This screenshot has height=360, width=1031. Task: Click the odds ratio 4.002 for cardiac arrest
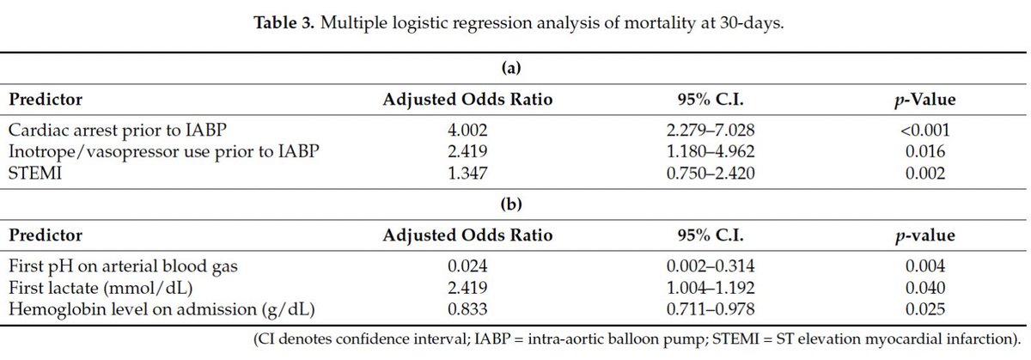pyautogui.click(x=467, y=131)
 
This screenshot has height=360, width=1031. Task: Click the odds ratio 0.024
pyautogui.click(x=467, y=265)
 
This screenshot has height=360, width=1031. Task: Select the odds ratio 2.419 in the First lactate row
pyautogui.click(x=467, y=288)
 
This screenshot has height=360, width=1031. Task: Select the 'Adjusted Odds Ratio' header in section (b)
pyautogui.click(x=467, y=235)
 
